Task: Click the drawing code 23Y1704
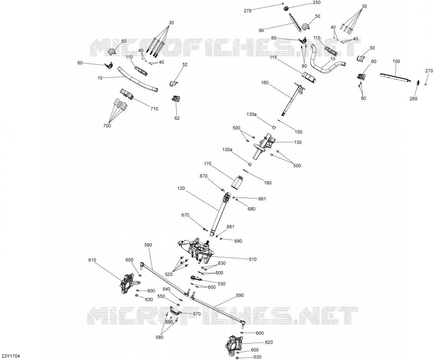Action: pos(11,356)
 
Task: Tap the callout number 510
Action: pos(253,259)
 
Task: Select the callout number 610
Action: pos(92,260)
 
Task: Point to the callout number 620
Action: pos(269,342)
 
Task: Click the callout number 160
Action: pos(264,83)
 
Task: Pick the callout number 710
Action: pos(155,109)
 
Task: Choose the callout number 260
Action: pos(413,99)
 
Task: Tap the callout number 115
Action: pos(273,57)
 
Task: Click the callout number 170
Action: pos(208,164)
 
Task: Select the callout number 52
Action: pos(185,65)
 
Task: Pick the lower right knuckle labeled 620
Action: pos(234,344)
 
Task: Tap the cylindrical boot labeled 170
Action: pos(237,182)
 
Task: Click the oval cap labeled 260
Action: pos(418,83)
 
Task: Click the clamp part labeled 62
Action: pos(175,98)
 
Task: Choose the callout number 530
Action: pos(222,284)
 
